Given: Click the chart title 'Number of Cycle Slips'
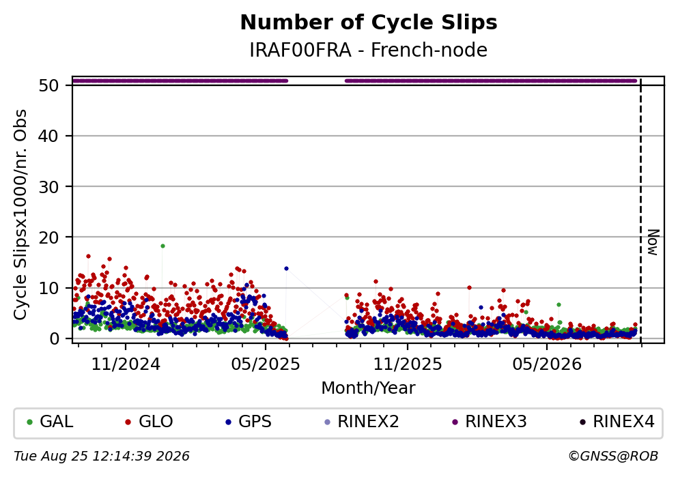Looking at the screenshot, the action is [x=369, y=23].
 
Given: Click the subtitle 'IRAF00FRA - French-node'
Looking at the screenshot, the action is [x=369, y=50].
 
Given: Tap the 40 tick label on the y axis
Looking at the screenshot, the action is [x=48, y=136].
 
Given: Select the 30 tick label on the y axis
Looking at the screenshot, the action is [x=48, y=187].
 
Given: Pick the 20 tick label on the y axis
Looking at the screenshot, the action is [x=48, y=237].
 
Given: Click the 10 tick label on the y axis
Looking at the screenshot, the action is [x=48, y=288].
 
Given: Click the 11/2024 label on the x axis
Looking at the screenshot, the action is [x=126, y=364].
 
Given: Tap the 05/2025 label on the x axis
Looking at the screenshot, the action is [x=266, y=364].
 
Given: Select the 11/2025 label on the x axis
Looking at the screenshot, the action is [x=408, y=364].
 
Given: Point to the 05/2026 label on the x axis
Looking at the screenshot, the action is [x=547, y=364].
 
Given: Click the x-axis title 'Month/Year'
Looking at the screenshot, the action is [x=369, y=388].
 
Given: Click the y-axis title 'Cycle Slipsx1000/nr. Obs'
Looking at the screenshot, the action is [x=20, y=215].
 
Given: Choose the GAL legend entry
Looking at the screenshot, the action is [x=49, y=422].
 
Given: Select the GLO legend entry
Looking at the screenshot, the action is [x=149, y=422].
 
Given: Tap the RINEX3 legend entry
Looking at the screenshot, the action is [x=490, y=422].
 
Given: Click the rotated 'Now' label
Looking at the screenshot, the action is [x=653, y=242].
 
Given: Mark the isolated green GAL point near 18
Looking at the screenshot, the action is [x=163, y=246].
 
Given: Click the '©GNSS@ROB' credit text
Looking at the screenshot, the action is [x=613, y=457].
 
